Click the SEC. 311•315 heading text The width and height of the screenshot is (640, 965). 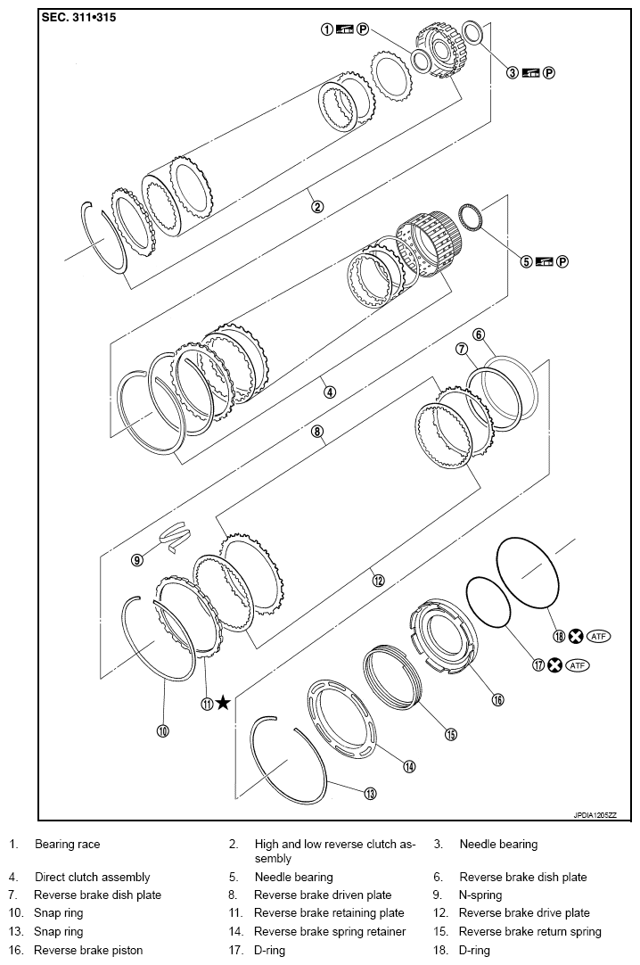[78, 17]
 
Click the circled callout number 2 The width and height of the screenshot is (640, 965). [317, 207]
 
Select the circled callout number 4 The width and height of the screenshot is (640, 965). [329, 392]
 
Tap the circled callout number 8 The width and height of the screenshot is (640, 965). [316, 432]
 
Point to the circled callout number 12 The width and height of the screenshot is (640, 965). [378, 580]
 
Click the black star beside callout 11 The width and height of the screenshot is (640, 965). [223, 703]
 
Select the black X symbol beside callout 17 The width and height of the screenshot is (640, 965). [554, 665]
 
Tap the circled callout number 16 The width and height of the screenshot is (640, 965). [497, 700]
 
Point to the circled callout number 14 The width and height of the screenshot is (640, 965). [409, 766]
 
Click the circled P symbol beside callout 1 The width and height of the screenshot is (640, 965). [363, 29]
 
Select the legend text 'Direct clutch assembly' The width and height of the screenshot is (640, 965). [92, 877]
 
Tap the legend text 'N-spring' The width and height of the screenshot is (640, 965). [480, 895]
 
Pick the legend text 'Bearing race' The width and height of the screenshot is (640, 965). [68, 844]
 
